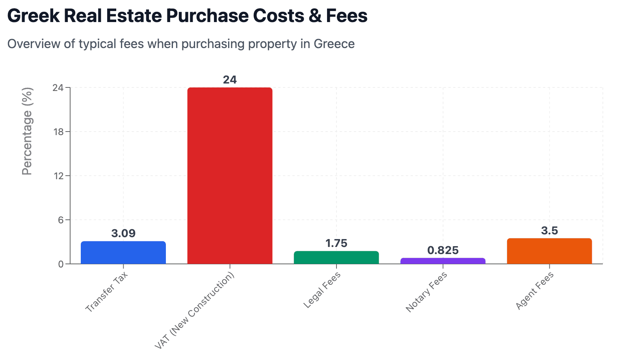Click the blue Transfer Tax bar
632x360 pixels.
[123, 252]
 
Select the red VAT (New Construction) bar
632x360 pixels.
[230, 176]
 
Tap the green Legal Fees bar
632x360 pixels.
[336, 258]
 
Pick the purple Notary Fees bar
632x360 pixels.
[443, 261]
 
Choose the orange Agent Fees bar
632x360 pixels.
[549, 251]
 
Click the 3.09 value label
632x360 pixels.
[123, 234]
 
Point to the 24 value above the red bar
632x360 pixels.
[230, 80]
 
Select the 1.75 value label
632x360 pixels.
[336, 243]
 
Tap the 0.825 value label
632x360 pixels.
[443, 251]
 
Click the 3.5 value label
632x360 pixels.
[549, 231]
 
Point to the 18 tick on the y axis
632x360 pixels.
[58, 132]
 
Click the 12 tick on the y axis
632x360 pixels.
[58, 176]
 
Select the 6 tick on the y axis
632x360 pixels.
[61, 220]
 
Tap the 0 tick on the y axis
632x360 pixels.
[61, 264]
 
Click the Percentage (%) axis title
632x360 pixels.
[27, 131]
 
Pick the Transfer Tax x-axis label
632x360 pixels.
[107, 292]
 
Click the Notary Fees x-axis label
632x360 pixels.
[426, 292]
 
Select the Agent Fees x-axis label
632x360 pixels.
[534, 291]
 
